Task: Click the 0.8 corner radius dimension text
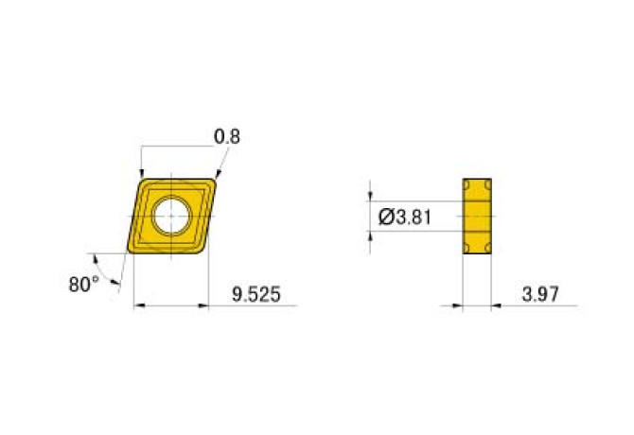[x=227, y=137]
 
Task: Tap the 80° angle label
[x=83, y=283]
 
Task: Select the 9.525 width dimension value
[x=256, y=294]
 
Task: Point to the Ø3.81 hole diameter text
[x=405, y=217]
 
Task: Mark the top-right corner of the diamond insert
[x=215, y=180]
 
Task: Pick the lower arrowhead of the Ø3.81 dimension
[x=371, y=236]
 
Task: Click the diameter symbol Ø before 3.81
[x=385, y=217]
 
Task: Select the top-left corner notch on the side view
[x=467, y=183]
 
